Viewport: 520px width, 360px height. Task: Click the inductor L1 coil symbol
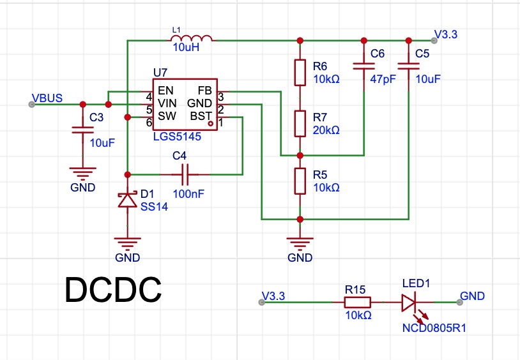point(192,38)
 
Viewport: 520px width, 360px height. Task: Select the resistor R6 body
point(300,73)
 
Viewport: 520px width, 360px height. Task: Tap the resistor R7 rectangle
point(300,124)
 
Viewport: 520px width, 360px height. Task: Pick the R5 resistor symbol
point(300,181)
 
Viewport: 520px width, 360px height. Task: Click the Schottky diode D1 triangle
point(128,199)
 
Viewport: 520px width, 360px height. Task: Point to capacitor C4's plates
point(185,174)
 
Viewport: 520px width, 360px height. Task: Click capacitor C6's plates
point(363,66)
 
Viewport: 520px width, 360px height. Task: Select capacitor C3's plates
point(83,130)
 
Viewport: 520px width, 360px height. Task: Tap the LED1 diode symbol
point(409,303)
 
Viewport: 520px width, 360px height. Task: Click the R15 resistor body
point(358,303)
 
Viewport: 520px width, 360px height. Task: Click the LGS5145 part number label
point(177,137)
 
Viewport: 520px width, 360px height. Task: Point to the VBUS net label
point(47,98)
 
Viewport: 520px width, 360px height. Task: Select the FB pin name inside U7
point(204,91)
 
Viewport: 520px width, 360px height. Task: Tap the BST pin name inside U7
point(201,116)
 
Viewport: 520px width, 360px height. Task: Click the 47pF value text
point(383,79)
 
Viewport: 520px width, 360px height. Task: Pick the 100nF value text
point(188,194)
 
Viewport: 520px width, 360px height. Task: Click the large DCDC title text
point(113,290)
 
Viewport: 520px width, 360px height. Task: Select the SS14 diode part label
point(154,207)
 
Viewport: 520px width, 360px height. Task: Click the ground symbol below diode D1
point(128,244)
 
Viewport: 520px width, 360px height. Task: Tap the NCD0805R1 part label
point(434,328)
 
